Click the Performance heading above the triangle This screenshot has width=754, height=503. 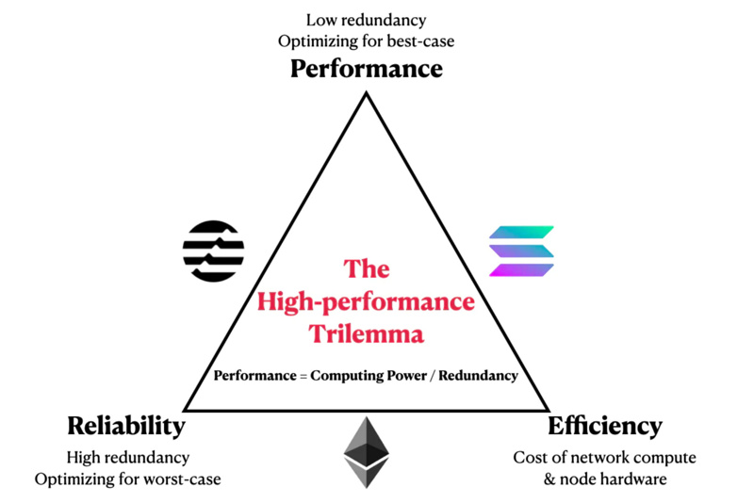tap(366, 69)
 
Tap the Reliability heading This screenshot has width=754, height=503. tap(125, 426)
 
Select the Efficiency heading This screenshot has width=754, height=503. tap(604, 426)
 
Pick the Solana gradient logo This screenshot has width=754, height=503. tap(521, 251)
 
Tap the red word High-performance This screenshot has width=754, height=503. tap(367, 302)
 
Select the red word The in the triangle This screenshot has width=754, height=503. tap(367, 270)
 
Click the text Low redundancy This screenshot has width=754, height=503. tap(366, 19)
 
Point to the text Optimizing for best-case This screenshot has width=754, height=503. tap(366, 41)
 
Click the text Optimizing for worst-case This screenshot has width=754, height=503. tap(127, 479)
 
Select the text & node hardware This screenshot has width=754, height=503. tap(604, 479)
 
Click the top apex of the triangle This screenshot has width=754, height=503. tap(366, 94)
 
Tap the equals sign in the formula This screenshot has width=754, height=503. tap(303, 375)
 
